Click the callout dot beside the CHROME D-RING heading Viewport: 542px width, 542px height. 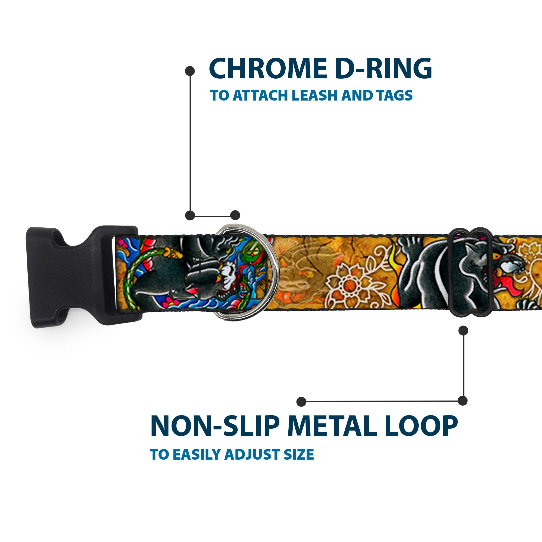coord(190,71)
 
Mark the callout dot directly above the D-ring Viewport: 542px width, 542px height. coord(235,215)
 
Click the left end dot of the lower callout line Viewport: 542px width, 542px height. coord(301,401)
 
